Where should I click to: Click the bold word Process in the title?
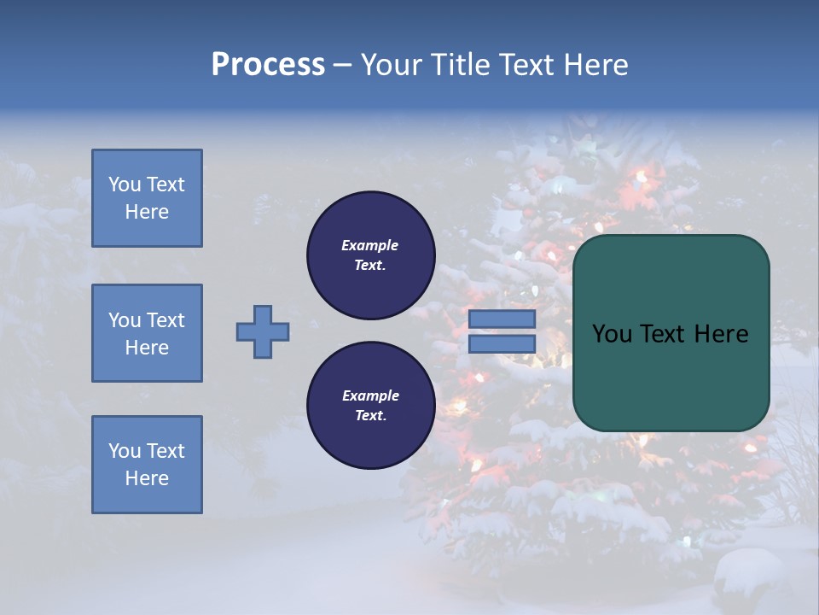click(x=268, y=65)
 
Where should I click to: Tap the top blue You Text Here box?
click(x=147, y=198)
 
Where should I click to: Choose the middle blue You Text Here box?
click(x=147, y=333)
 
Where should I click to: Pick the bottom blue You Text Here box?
click(x=147, y=465)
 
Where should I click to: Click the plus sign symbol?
click(x=263, y=331)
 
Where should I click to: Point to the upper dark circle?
click(x=370, y=255)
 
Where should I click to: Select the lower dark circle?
click(x=370, y=405)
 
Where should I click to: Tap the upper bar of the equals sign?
click(x=502, y=319)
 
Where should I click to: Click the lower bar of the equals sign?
click(x=502, y=343)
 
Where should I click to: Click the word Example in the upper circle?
click(x=370, y=245)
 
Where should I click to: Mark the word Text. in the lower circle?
click(x=370, y=415)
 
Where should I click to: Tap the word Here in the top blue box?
click(x=147, y=212)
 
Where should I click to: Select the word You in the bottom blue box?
click(x=124, y=451)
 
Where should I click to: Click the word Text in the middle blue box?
click(x=166, y=320)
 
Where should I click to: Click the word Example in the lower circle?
click(x=370, y=395)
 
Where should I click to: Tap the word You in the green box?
click(x=612, y=334)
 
